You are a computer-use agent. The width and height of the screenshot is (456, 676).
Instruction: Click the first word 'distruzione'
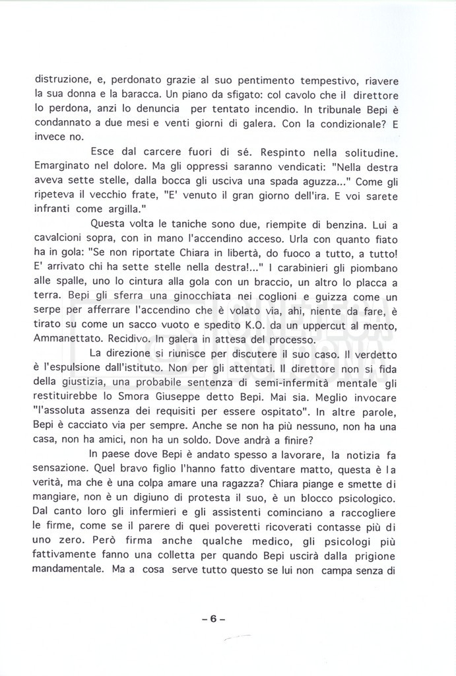[61, 81]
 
